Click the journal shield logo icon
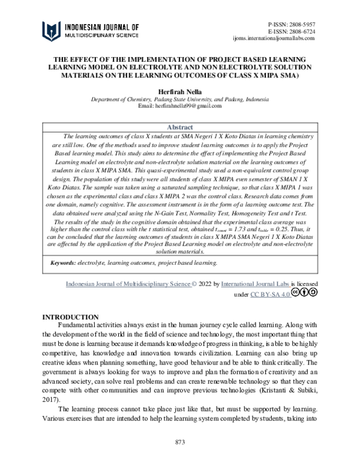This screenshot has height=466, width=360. (x=51, y=31)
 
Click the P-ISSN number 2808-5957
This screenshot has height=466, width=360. (x=302, y=22)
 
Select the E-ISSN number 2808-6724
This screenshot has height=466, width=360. (x=302, y=30)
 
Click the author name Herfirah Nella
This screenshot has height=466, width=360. (x=179, y=91)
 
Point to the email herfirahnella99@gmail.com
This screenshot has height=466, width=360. (x=179, y=106)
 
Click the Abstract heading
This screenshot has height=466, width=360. (x=179, y=128)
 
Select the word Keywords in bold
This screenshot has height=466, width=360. (x=62, y=263)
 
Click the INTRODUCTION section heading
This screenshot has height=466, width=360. (x=70, y=317)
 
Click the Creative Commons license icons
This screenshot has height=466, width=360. (x=305, y=293)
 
